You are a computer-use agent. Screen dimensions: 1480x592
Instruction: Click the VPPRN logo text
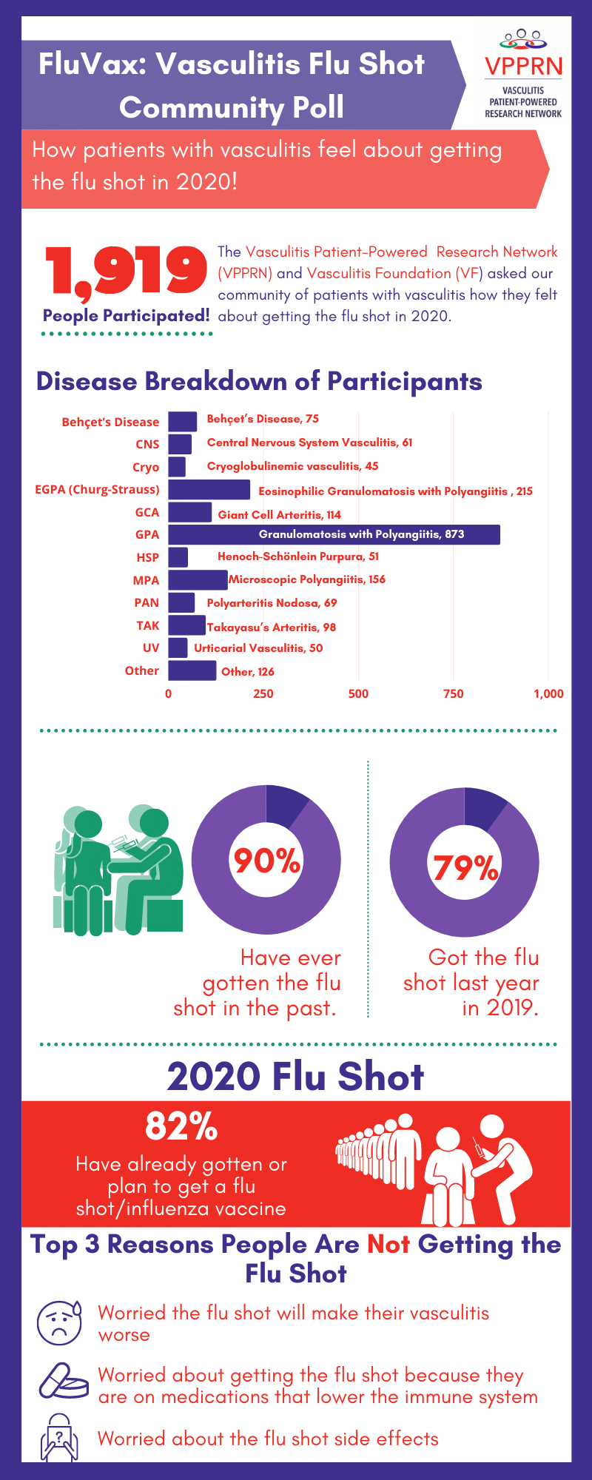coord(523,66)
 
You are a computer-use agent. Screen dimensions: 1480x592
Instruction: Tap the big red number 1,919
coord(127,271)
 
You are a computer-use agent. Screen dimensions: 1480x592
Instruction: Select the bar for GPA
coord(334,534)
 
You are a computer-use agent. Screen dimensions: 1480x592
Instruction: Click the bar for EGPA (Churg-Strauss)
coord(209,489)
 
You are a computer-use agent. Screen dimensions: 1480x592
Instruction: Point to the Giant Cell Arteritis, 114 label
coord(279,514)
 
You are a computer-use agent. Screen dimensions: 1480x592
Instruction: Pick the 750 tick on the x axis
coord(453,693)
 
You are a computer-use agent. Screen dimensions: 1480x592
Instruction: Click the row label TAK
coord(147,625)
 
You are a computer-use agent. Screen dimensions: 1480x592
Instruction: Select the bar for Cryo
coord(176,466)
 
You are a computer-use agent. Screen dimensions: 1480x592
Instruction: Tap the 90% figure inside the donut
coord(266,861)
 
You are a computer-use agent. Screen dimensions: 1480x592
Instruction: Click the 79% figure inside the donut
coord(465,867)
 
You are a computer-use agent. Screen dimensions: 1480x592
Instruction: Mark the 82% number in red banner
coord(181,1126)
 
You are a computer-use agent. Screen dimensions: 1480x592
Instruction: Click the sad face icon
coord(59,1322)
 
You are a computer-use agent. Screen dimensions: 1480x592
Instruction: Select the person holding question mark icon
coord(59,1437)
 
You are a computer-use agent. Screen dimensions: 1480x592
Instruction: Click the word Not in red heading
coord(388,1245)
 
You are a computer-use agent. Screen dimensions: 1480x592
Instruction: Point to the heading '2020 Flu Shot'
coord(295,1076)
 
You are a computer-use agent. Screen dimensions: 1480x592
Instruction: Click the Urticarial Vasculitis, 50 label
coord(258,647)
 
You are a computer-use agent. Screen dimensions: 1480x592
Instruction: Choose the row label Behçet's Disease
coord(110,422)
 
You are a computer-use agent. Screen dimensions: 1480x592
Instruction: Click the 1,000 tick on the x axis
coord(548,693)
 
